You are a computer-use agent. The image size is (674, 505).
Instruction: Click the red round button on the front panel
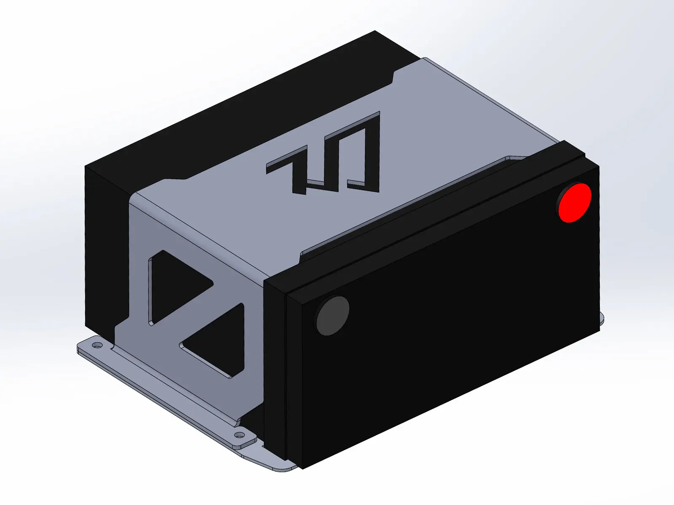(x=575, y=202)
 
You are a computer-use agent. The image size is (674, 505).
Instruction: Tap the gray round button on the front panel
(x=333, y=316)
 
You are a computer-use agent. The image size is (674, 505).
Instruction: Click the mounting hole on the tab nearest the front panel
(x=239, y=434)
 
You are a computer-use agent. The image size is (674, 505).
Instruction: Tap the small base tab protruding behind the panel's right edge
(x=602, y=318)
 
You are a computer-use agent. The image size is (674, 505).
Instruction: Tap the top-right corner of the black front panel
(x=598, y=167)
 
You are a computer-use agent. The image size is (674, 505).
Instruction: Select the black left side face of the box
(x=105, y=248)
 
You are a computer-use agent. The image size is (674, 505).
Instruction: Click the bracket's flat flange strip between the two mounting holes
(x=168, y=385)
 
